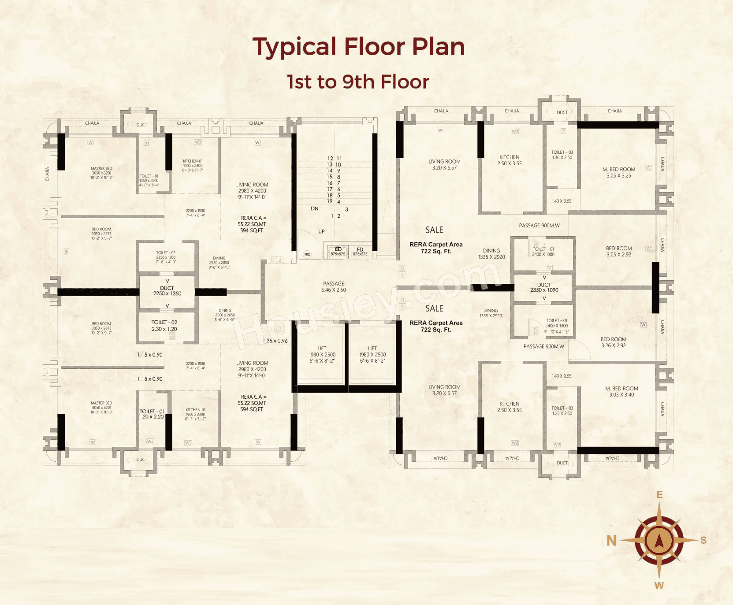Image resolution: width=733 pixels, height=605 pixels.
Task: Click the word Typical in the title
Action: [294, 47]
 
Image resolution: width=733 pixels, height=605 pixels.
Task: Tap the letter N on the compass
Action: [611, 540]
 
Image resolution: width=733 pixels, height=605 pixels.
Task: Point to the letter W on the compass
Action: [659, 586]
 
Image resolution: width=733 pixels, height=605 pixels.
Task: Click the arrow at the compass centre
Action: [659, 540]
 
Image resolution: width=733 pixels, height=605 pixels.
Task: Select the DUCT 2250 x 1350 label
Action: [167, 291]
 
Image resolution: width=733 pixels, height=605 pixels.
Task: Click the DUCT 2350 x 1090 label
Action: [544, 287]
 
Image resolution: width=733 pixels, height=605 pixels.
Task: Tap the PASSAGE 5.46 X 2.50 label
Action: [334, 287]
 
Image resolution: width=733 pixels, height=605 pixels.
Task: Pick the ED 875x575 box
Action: [338, 252]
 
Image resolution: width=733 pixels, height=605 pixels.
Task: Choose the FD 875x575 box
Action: [360, 252]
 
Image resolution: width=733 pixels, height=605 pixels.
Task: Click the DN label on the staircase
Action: [315, 208]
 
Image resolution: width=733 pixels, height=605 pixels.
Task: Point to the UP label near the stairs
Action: [321, 231]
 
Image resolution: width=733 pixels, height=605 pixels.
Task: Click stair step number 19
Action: [330, 201]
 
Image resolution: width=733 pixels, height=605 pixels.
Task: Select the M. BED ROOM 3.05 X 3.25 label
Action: [619, 172]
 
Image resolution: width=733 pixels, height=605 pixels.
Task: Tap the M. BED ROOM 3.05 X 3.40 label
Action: [621, 392]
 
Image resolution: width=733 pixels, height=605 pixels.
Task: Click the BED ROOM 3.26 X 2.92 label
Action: [614, 342]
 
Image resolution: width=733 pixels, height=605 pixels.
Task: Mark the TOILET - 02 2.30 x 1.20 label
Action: [164, 326]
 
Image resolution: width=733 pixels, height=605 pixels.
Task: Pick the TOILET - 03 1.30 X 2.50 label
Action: [562, 155]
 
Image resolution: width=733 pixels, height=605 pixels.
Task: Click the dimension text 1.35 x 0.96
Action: [275, 341]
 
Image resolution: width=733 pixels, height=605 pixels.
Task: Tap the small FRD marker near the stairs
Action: [308, 254]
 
